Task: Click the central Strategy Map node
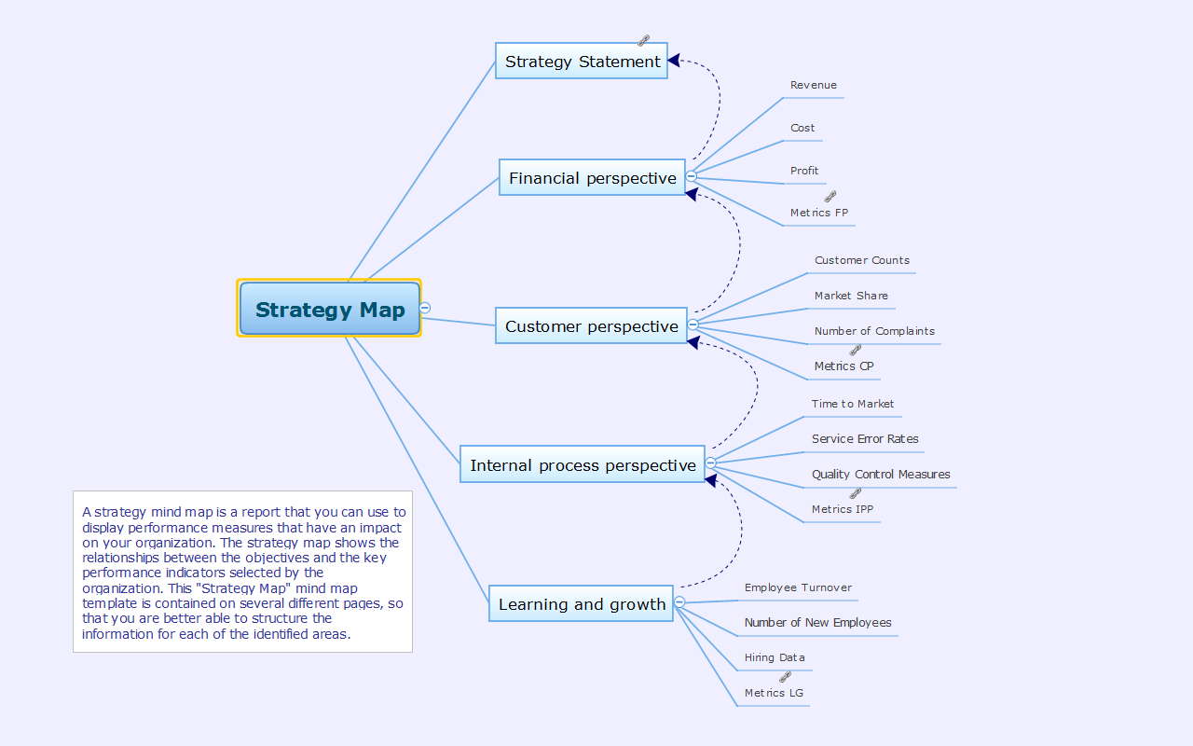click(330, 309)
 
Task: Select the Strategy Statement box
click(582, 62)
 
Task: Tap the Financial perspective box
click(592, 177)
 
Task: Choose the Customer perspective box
click(591, 325)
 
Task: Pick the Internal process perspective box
click(583, 464)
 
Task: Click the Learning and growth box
click(582, 604)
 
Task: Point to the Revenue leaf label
click(814, 85)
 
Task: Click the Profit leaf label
click(804, 171)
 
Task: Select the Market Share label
click(851, 296)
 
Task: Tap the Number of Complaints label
click(874, 331)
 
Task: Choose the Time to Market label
click(852, 404)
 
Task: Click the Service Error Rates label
click(865, 439)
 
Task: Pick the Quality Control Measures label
click(881, 475)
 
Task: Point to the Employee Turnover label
click(798, 587)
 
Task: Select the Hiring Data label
click(775, 657)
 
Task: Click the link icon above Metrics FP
click(830, 197)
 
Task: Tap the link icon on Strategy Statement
click(643, 41)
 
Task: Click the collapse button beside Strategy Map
click(425, 308)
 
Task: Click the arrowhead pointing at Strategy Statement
click(674, 61)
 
